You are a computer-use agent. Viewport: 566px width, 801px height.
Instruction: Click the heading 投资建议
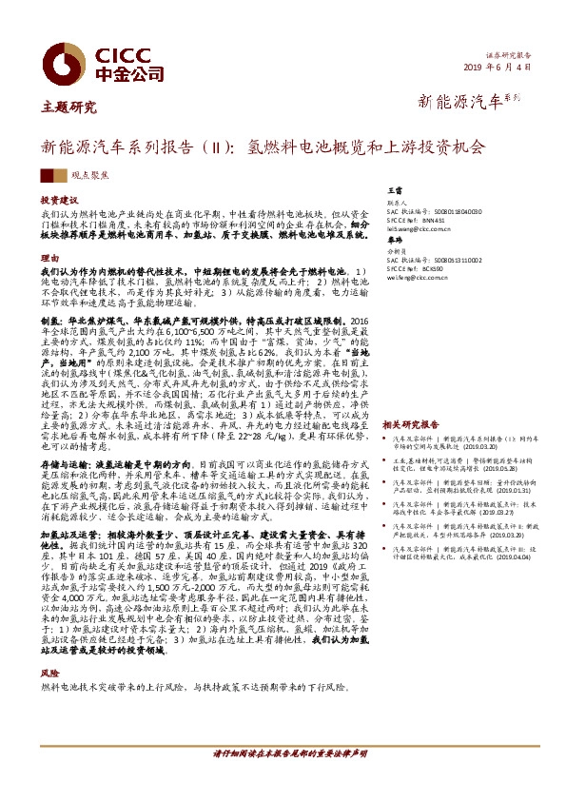[58, 202]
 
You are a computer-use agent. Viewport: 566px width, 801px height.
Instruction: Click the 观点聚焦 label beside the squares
[90, 177]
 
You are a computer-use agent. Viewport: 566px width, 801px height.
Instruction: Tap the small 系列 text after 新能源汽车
[513, 98]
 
